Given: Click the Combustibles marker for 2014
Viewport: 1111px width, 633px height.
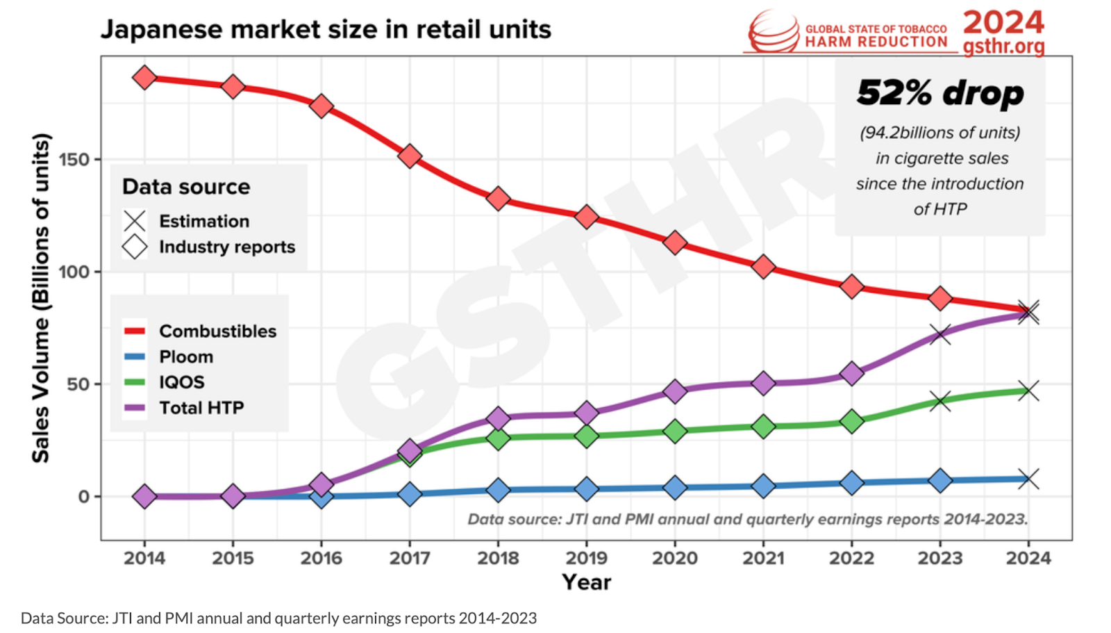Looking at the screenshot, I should click(144, 77).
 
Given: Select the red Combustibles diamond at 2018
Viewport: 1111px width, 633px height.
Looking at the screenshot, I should click(498, 199).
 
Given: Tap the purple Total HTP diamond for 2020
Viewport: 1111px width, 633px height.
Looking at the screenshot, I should click(675, 391).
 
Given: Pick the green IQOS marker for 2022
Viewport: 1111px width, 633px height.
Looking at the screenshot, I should click(851, 422).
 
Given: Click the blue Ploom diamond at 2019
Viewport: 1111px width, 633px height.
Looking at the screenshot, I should click(587, 488).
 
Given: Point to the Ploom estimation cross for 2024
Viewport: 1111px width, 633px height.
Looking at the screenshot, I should click(1028, 479).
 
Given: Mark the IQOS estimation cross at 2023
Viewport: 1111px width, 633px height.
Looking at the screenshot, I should click(940, 401).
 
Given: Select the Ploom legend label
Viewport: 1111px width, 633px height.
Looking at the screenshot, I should click(186, 356).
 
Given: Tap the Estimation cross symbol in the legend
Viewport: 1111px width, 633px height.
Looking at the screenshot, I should click(135, 221).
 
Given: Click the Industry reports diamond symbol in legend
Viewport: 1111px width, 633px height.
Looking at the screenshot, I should click(135, 247).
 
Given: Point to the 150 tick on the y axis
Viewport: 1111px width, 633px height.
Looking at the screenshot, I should click(74, 160).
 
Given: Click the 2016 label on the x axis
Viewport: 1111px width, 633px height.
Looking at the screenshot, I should click(321, 558).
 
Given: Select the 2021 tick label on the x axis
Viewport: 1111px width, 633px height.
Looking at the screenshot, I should click(763, 558).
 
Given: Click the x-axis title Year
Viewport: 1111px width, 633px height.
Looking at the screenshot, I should click(587, 582).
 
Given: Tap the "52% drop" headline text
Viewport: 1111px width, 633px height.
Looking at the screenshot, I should click(940, 92).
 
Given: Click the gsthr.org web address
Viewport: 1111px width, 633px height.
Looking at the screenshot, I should click(1003, 47).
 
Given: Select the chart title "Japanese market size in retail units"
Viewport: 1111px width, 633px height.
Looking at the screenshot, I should click(326, 29).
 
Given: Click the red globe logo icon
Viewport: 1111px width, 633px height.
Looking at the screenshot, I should click(774, 32).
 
